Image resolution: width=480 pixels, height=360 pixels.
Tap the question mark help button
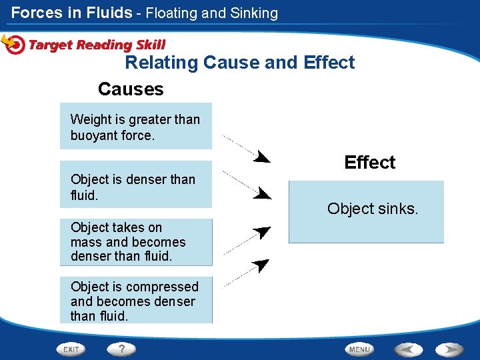pyautogui.click(x=121, y=349)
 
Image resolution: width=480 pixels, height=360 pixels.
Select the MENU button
pyautogui.click(x=359, y=349)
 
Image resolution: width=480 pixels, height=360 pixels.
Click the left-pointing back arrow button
pyautogui.click(x=408, y=349)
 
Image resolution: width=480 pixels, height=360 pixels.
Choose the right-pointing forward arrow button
pyautogui.click(x=449, y=349)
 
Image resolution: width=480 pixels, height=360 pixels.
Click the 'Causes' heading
pyautogui.click(x=131, y=89)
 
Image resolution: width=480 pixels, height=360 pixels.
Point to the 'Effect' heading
pyautogui.click(x=369, y=162)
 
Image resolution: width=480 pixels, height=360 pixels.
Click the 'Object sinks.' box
pyautogui.click(x=366, y=211)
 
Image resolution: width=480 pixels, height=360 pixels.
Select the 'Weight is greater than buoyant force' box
pyautogui.click(x=136, y=126)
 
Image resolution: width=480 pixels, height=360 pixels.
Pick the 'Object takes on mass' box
pyautogui.click(x=136, y=242)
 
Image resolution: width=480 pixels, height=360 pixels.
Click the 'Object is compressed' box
pyautogui.click(x=136, y=301)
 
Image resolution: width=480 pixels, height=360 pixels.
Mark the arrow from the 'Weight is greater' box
pyautogui.click(x=246, y=149)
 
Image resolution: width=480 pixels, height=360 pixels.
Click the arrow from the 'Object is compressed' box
pyautogui.click(x=246, y=272)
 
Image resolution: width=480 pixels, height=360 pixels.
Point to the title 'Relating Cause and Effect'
pyautogui.click(x=240, y=63)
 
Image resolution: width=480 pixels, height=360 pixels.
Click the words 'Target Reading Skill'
pyautogui.click(x=97, y=45)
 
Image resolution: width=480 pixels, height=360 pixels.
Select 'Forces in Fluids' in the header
pyautogui.click(x=71, y=13)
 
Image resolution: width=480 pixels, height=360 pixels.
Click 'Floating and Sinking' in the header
pyautogui.click(x=211, y=13)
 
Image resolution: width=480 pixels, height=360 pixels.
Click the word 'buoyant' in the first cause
pyautogui.click(x=94, y=135)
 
